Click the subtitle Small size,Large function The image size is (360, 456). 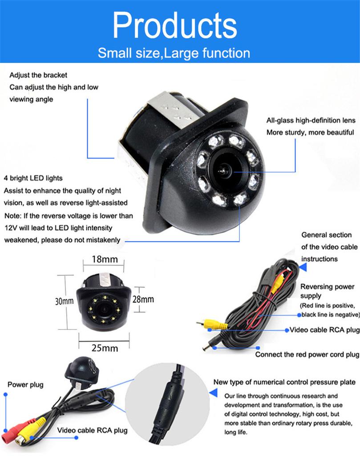(174, 53)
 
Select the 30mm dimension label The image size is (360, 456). (64, 301)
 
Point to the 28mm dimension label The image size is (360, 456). (143, 299)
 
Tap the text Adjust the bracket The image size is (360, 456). (38, 75)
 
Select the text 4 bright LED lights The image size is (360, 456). (33, 178)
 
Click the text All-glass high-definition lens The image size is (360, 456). (311, 120)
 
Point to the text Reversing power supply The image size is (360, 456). (327, 291)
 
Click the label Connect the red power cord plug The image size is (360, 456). (307, 355)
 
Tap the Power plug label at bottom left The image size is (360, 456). (25, 384)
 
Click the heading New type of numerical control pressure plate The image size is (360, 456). (284, 382)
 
